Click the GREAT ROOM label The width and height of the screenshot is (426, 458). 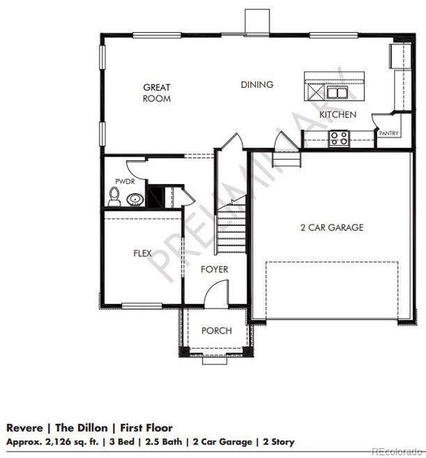click(157, 93)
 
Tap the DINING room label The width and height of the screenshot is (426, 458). click(257, 85)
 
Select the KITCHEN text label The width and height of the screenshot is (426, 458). click(337, 114)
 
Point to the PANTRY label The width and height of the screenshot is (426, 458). click(389, 133)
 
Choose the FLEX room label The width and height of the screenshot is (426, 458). click(143, 252)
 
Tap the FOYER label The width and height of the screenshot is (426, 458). click(215, 269)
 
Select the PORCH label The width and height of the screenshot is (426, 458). click(216, 331)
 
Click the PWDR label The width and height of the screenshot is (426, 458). click(124, 182)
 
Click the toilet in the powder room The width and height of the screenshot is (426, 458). click(115, 198)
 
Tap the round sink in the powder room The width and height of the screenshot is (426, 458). click(135, 200)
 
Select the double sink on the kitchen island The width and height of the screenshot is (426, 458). click(337, 92)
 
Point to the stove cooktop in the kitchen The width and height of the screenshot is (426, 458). click(338, 137)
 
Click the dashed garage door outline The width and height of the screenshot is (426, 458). click(332, 290)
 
